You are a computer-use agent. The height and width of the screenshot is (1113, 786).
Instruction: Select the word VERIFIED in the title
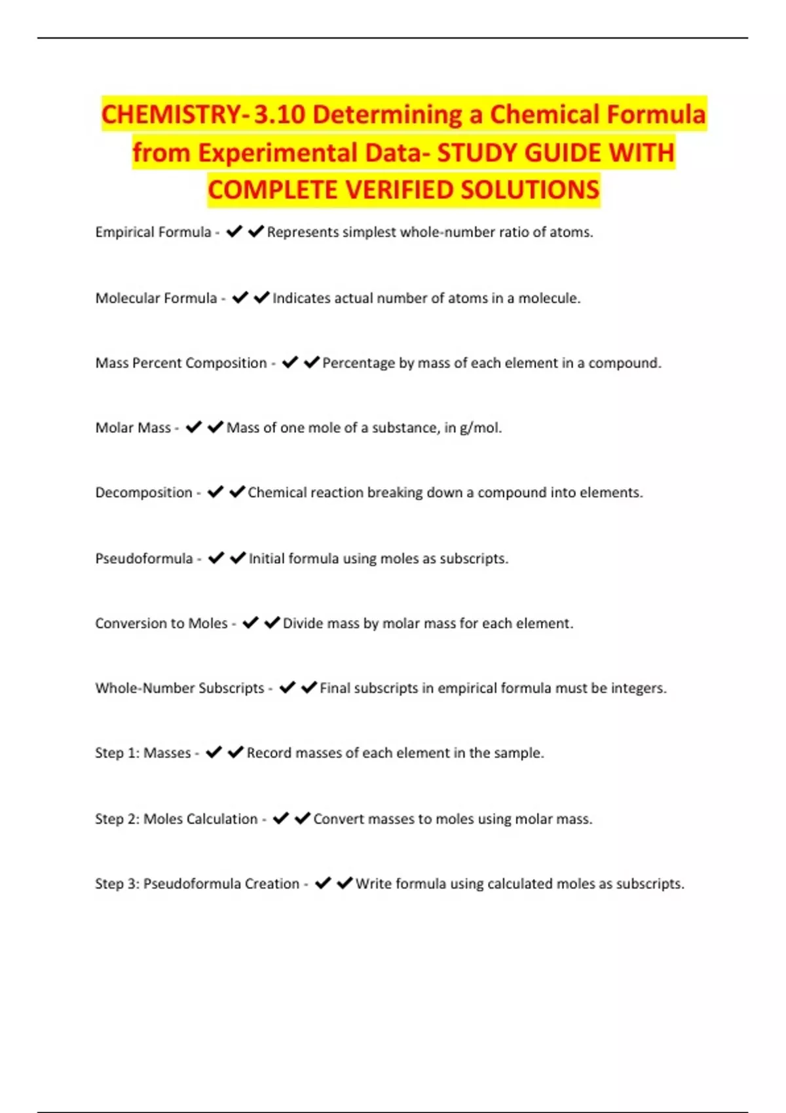tap(400, 190)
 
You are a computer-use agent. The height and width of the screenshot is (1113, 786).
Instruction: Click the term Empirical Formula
tap(153, 232)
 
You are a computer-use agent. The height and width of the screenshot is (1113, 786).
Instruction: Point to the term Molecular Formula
tap(156, 299)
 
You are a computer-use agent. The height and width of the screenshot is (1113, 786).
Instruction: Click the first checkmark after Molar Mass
tap(193, 428)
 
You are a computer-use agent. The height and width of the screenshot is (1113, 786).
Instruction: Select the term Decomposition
tap(143, 492)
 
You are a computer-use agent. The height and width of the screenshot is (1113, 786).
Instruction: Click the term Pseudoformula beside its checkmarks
tap(144, 558)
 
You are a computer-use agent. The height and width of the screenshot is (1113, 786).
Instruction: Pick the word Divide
tap(303, 623)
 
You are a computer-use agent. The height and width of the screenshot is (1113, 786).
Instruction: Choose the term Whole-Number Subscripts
tap(179, 688)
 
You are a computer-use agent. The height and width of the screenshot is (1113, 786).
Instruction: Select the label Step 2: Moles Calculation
tap(176, 819)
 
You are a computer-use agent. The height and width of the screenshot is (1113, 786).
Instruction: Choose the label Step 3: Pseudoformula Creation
tap(197, 884)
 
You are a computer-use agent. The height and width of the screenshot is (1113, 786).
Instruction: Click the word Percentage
tap(358, 363)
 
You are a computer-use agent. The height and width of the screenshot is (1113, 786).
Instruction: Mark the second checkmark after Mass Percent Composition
tap(312, 362)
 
